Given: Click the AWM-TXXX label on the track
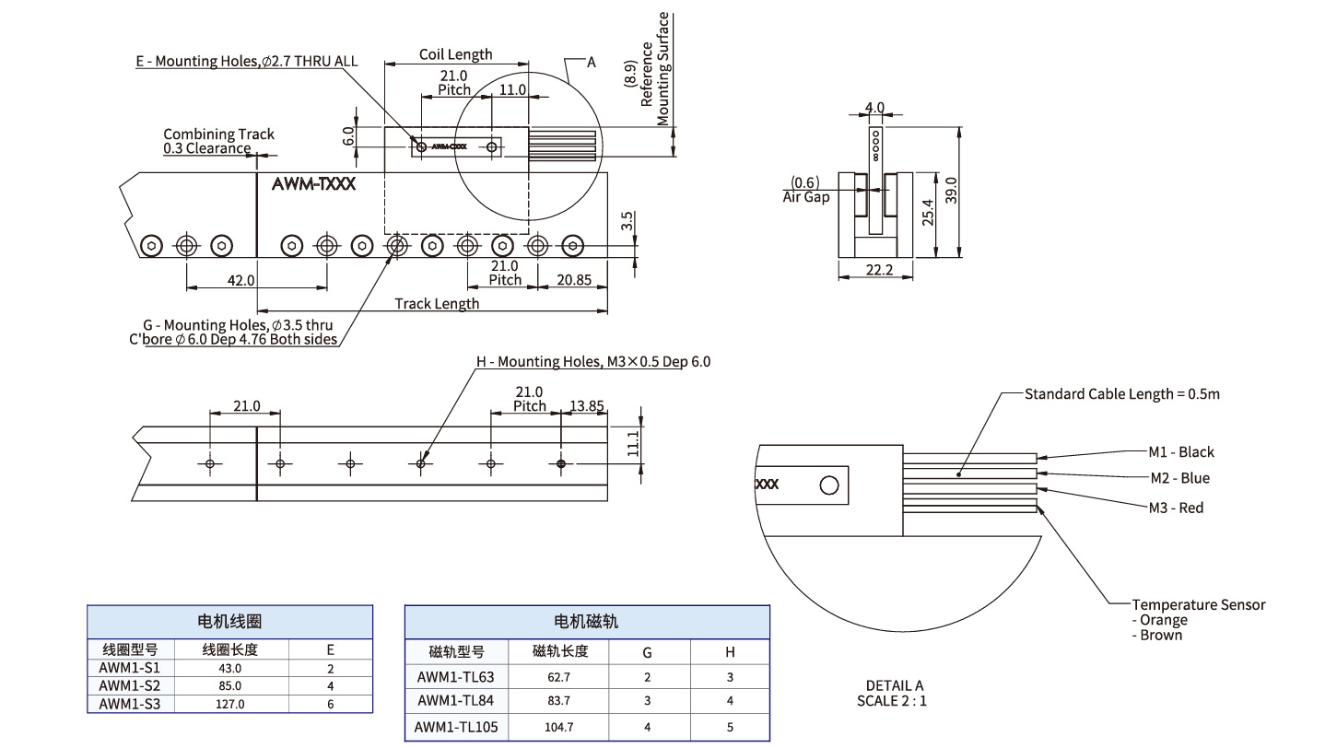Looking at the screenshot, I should click(x=313, y=183).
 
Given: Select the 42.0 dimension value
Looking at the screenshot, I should click(x=242, y=280).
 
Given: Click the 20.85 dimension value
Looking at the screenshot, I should click(x=572, y=280).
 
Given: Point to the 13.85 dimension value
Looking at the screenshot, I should click(x=586, y=405).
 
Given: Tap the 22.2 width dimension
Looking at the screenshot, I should click(x=875, y=269).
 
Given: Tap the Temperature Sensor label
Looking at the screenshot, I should click(x=1198, y=605).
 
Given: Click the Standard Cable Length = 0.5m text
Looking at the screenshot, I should click(x=1121, y=394).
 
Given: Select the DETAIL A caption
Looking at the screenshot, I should click(x=894, y=685).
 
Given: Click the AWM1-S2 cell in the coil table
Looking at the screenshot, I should click(x=129, y=685).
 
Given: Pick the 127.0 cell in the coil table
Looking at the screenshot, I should click(x=229, y=704).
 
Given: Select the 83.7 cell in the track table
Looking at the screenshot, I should click(x=558, y=701).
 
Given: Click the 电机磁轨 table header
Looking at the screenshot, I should click(x=586, y=622).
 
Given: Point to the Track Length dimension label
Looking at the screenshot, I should click(x=437, y=303).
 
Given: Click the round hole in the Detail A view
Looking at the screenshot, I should click(x=828, y=485).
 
